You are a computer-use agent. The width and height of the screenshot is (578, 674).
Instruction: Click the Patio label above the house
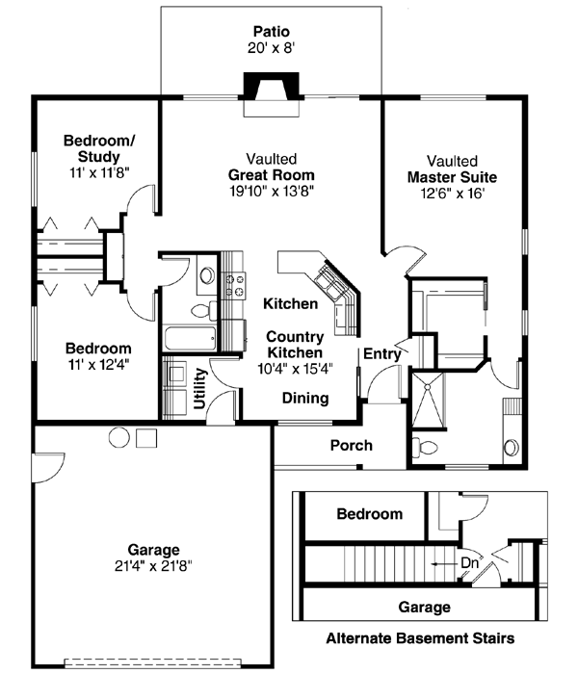click(x=270, y=30)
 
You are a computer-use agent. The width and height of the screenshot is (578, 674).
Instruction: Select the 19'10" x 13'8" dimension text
click(x=271, y=191)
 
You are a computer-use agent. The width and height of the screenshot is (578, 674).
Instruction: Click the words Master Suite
click(x=452, y=177)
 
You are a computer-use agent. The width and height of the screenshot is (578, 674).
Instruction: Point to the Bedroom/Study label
click(x=99, y=148)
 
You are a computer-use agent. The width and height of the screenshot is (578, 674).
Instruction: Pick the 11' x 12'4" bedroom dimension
click(x=97, y=364)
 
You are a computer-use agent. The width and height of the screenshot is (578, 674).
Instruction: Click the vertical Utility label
click(x=201, y=388)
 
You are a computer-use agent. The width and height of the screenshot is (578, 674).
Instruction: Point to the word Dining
click(x=304, y=398)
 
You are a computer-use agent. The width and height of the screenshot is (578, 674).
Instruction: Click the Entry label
click(x=381, y=354)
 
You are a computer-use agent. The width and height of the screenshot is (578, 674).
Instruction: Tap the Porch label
click(x=351, y=445)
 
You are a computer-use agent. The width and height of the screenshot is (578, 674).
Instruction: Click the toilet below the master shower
click(x=426, y=446)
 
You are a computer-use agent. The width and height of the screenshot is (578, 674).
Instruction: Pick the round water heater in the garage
click(x=118, y=437)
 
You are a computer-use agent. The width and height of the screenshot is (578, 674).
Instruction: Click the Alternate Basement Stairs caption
click(x=419, y=637)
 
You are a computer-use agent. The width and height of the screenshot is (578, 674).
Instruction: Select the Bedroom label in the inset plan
click(x=369, y=514)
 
